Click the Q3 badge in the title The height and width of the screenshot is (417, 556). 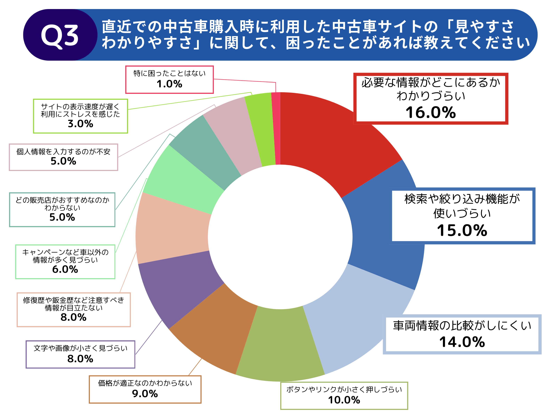60,35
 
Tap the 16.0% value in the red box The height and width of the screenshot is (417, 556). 430,112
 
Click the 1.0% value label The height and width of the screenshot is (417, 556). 169,84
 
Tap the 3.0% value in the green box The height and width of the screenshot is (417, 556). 80,124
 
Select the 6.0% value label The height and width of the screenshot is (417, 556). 65,269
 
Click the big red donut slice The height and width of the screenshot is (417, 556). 332,141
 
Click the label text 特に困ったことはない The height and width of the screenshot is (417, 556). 169,73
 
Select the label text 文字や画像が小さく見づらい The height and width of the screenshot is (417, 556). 80,348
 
